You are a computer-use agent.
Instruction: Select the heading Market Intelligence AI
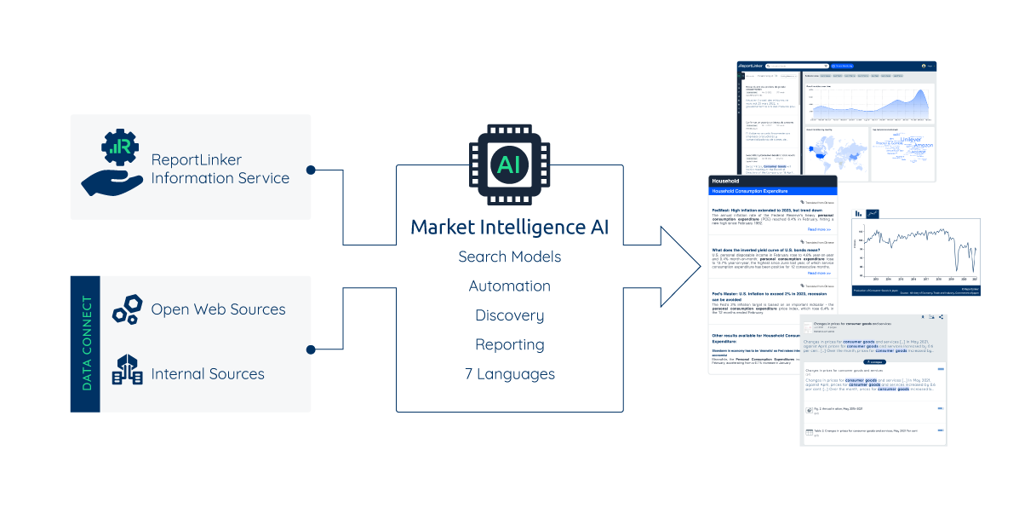[x=509, y=228]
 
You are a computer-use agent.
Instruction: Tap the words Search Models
[x=509, y=257]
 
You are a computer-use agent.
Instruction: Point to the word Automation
[x=509, y=286]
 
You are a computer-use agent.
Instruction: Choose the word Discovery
[x=509, y=315]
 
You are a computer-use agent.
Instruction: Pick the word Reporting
[x=509, y=344]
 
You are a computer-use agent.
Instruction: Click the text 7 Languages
[x=509, y=373]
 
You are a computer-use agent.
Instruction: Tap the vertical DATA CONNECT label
[x=86, y=343]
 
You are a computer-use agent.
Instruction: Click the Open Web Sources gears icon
[x=128, y=309]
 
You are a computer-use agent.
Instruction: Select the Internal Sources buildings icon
[x=128, y=373]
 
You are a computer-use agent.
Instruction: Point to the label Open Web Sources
[x=218, y=309]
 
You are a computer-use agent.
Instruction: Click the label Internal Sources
[x=208, y=373]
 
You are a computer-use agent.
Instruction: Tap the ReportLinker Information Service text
[x=220, y=168]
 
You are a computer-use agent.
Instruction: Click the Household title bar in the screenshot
[x=772, y=181]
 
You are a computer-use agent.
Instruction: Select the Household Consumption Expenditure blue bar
[x=772, y=191]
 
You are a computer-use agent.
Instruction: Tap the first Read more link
[x=819, y=229]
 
